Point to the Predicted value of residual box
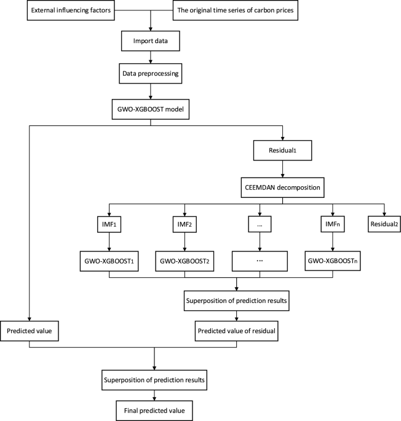(236, 331)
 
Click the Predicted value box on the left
(29, 331)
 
